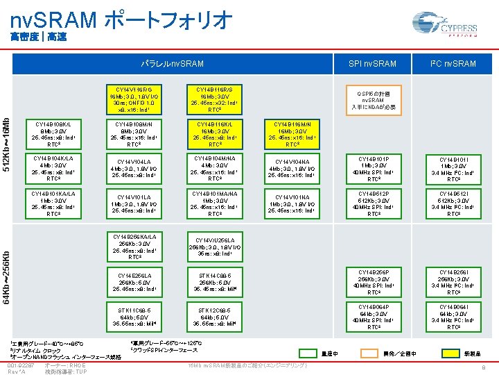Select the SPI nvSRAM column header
(374, 64)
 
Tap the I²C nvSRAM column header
(454, 64)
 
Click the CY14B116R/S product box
(214, 99)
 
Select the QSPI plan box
(374, 99)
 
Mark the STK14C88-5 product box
(214, 280)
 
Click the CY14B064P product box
(374, 314)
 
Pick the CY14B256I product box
(454, 280)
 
